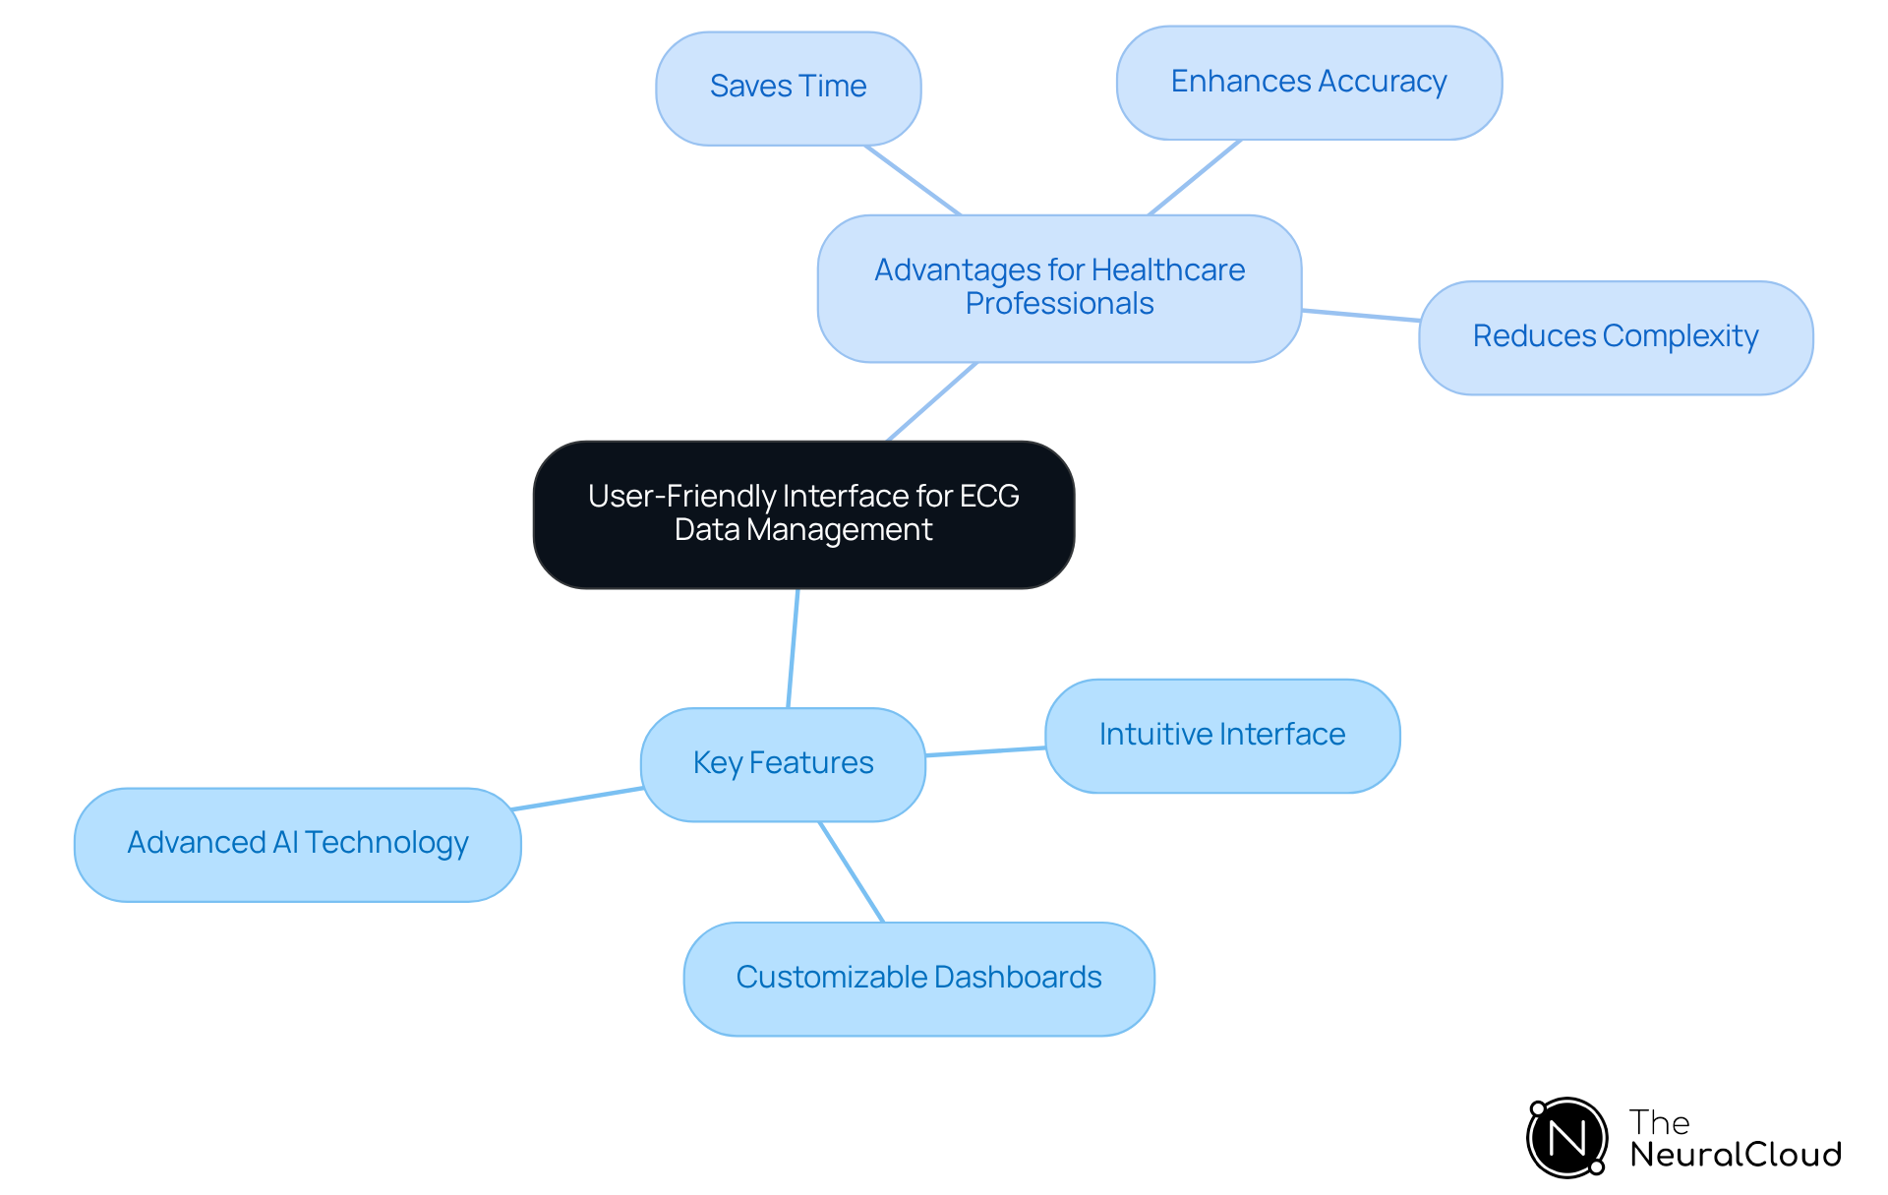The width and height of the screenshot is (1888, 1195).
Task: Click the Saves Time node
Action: [788, 88]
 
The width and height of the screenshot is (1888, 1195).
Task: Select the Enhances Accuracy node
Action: [1308, 83]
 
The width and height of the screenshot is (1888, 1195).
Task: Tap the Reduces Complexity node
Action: [1615, 337]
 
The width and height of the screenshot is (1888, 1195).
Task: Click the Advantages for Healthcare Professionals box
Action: [1058, 287]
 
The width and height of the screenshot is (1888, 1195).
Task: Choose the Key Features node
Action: [783, 764]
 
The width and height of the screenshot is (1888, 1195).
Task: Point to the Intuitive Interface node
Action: [1221, 736]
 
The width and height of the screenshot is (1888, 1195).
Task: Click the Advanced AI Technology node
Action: [297, 844]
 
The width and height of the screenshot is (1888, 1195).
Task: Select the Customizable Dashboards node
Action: [918, 978]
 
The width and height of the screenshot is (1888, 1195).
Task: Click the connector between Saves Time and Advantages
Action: [912, 180]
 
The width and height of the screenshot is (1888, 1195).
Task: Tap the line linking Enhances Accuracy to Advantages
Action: [1195, 177]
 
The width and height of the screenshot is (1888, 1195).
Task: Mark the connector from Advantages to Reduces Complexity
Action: [1360, 316]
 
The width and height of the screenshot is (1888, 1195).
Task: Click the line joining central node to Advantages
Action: [931, 401]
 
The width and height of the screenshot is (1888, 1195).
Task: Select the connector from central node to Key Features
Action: [793, 648]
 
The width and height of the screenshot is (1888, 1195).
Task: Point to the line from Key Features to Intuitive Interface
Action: [985, 751]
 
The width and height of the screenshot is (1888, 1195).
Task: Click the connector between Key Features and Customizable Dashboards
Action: [852, 872]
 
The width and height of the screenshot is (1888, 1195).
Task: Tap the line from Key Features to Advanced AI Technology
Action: [578, 799]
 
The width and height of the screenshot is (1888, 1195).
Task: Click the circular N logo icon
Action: [1566, 1138]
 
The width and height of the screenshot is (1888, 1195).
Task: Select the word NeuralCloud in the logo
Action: [1735, 1155]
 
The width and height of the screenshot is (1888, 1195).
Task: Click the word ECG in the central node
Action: [989, 496]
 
